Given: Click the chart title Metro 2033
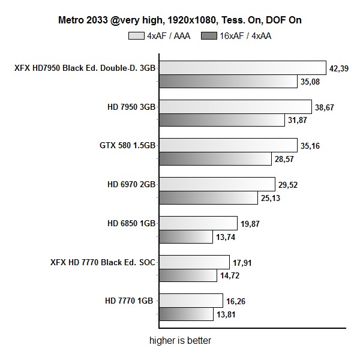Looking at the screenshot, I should (180, 20).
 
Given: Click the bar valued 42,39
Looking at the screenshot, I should (242, 68).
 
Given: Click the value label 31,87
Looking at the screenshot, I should (299, 121).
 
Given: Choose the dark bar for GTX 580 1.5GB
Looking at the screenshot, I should (215, 159).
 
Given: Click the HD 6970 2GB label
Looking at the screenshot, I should (128, 184).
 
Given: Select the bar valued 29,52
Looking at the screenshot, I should (217, 184).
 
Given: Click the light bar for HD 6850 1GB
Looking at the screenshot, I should (198, 223).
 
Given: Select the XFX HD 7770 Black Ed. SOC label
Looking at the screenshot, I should (104, 262).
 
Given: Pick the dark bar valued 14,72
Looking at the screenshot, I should (188, 275).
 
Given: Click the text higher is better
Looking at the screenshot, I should (180, 340).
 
